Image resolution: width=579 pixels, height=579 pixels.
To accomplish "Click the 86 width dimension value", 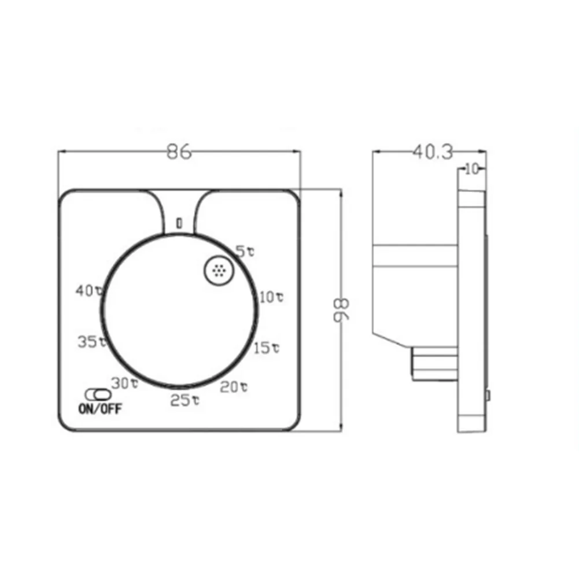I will click(179, 152).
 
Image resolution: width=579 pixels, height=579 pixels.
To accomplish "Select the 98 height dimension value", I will click(340, 311).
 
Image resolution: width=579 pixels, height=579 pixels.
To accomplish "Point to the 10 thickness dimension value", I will click(472, 169).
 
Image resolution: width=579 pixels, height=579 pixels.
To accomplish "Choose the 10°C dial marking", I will click(271, 297).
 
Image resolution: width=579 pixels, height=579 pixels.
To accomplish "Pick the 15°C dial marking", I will click(267, 348).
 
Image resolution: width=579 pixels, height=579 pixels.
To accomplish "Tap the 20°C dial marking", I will click(234, 387).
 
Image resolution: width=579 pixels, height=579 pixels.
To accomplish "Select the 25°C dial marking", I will click(185, 400).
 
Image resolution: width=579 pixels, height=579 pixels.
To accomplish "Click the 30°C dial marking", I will click(124, 383).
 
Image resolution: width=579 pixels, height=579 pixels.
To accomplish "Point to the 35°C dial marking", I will click(92, 341).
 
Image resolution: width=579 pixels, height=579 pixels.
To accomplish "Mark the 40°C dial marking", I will click(89, 291).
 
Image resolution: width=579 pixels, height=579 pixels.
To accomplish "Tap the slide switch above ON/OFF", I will click(97, 394).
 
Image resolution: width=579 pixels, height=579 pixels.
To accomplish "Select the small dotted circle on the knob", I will click(219, 270).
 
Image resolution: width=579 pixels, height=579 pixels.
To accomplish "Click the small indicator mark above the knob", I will click(179, 222).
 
